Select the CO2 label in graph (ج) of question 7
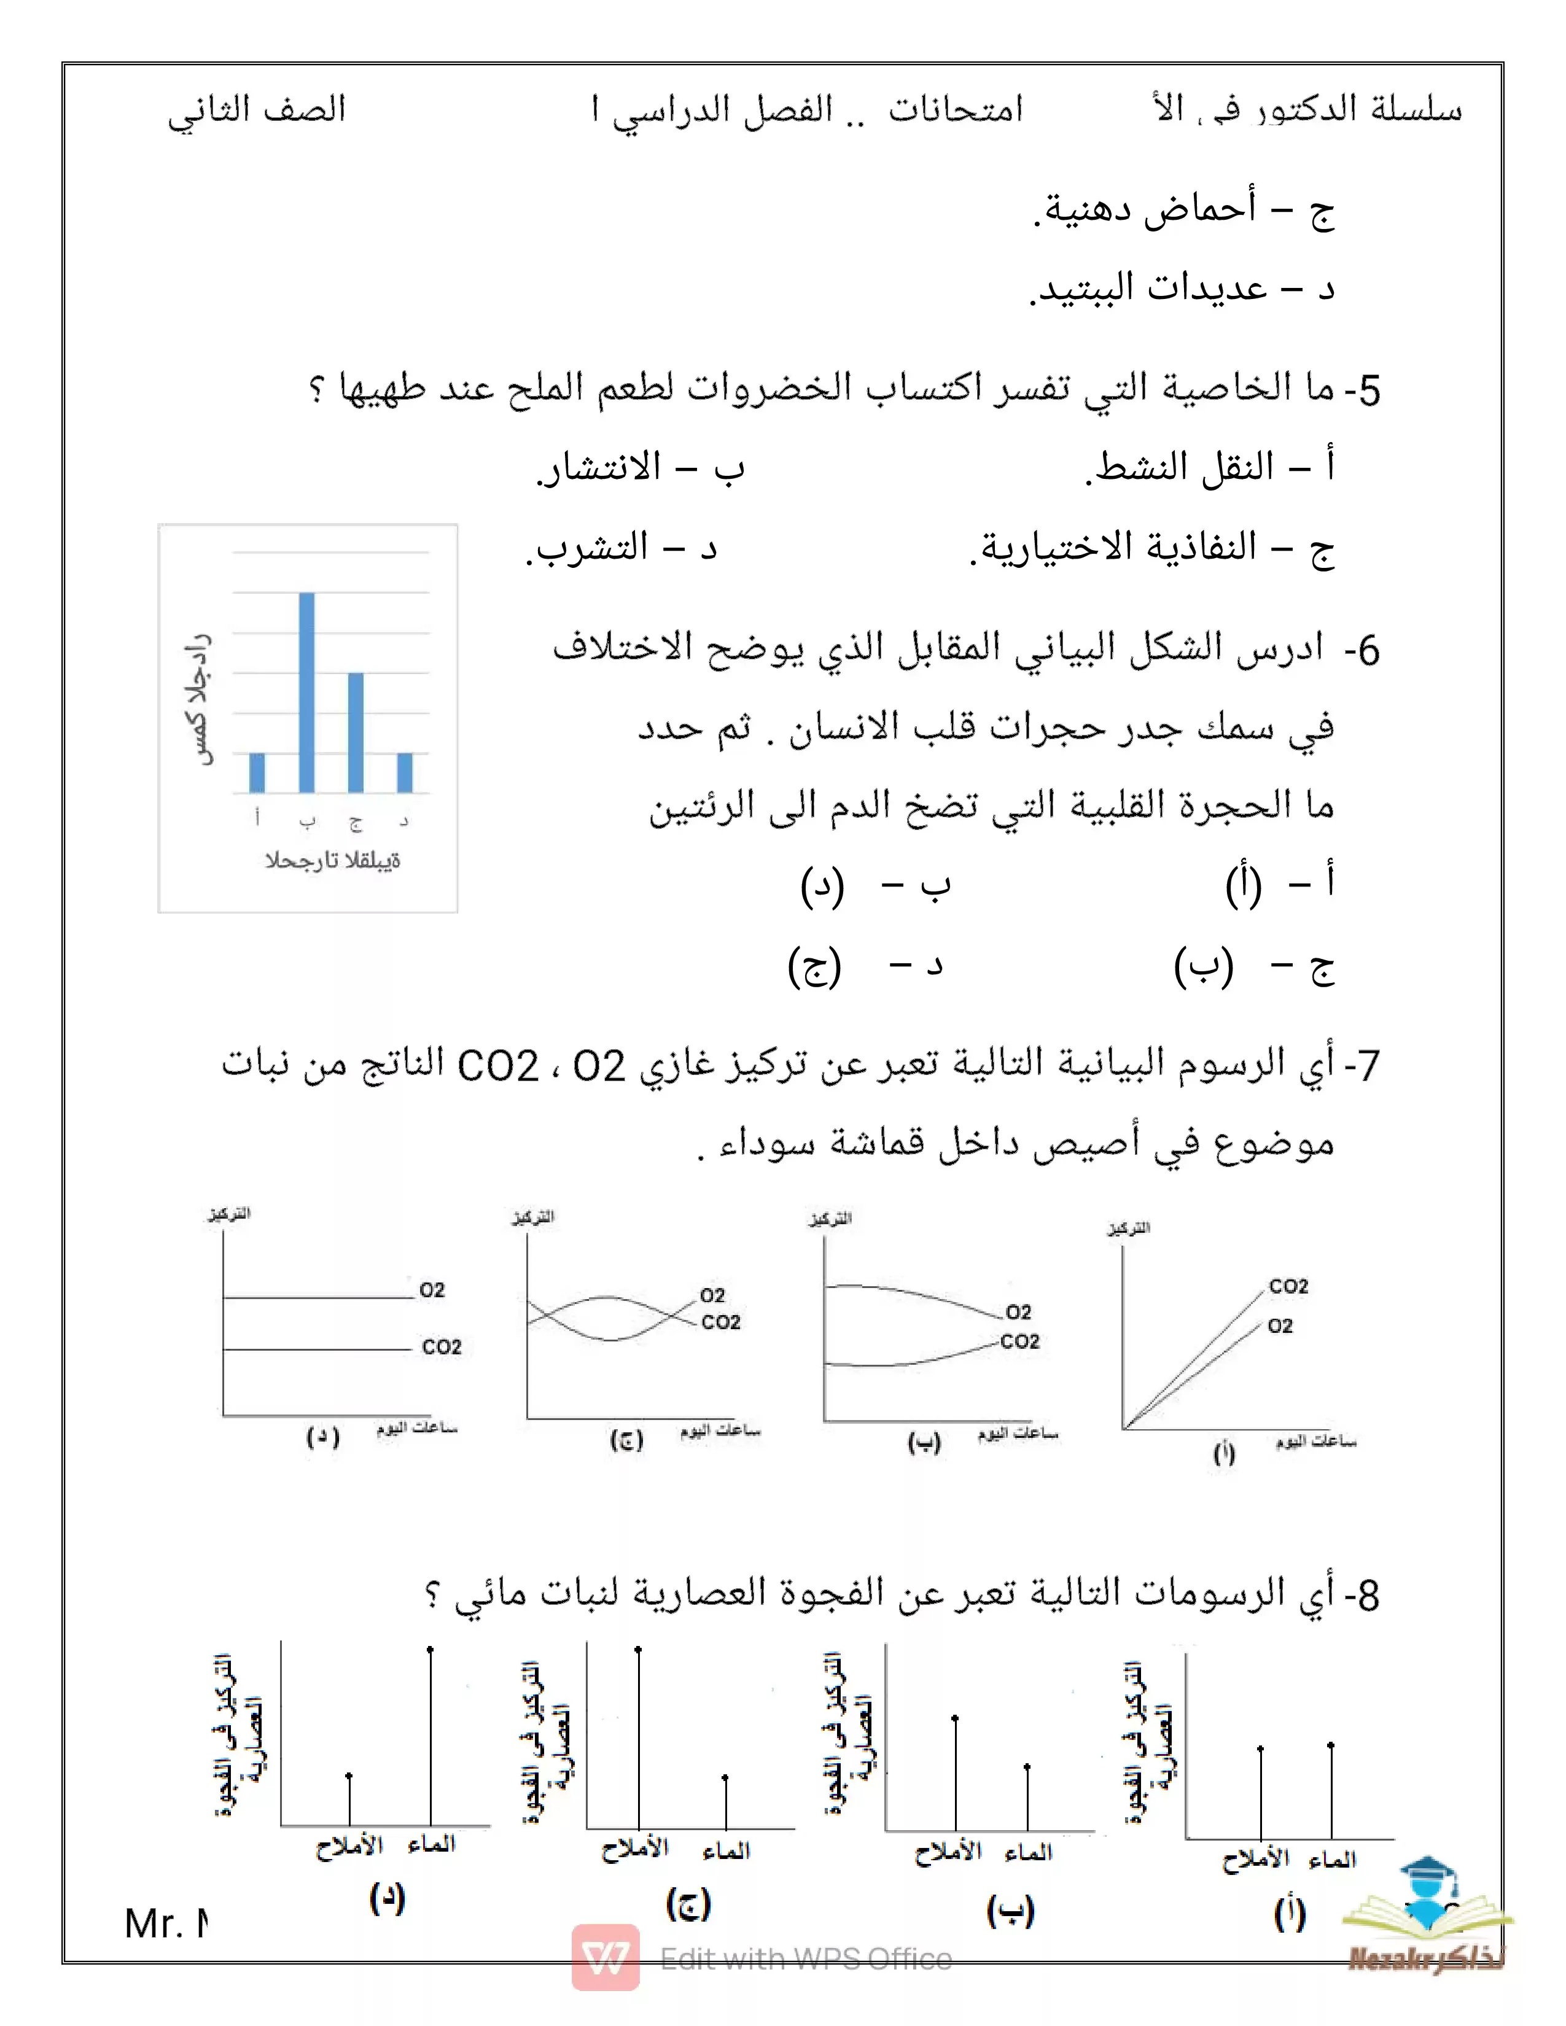(x=721, y=1322)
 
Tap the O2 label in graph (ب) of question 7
(x=1018, y=1312)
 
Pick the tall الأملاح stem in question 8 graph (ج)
(x=638, y=1739)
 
